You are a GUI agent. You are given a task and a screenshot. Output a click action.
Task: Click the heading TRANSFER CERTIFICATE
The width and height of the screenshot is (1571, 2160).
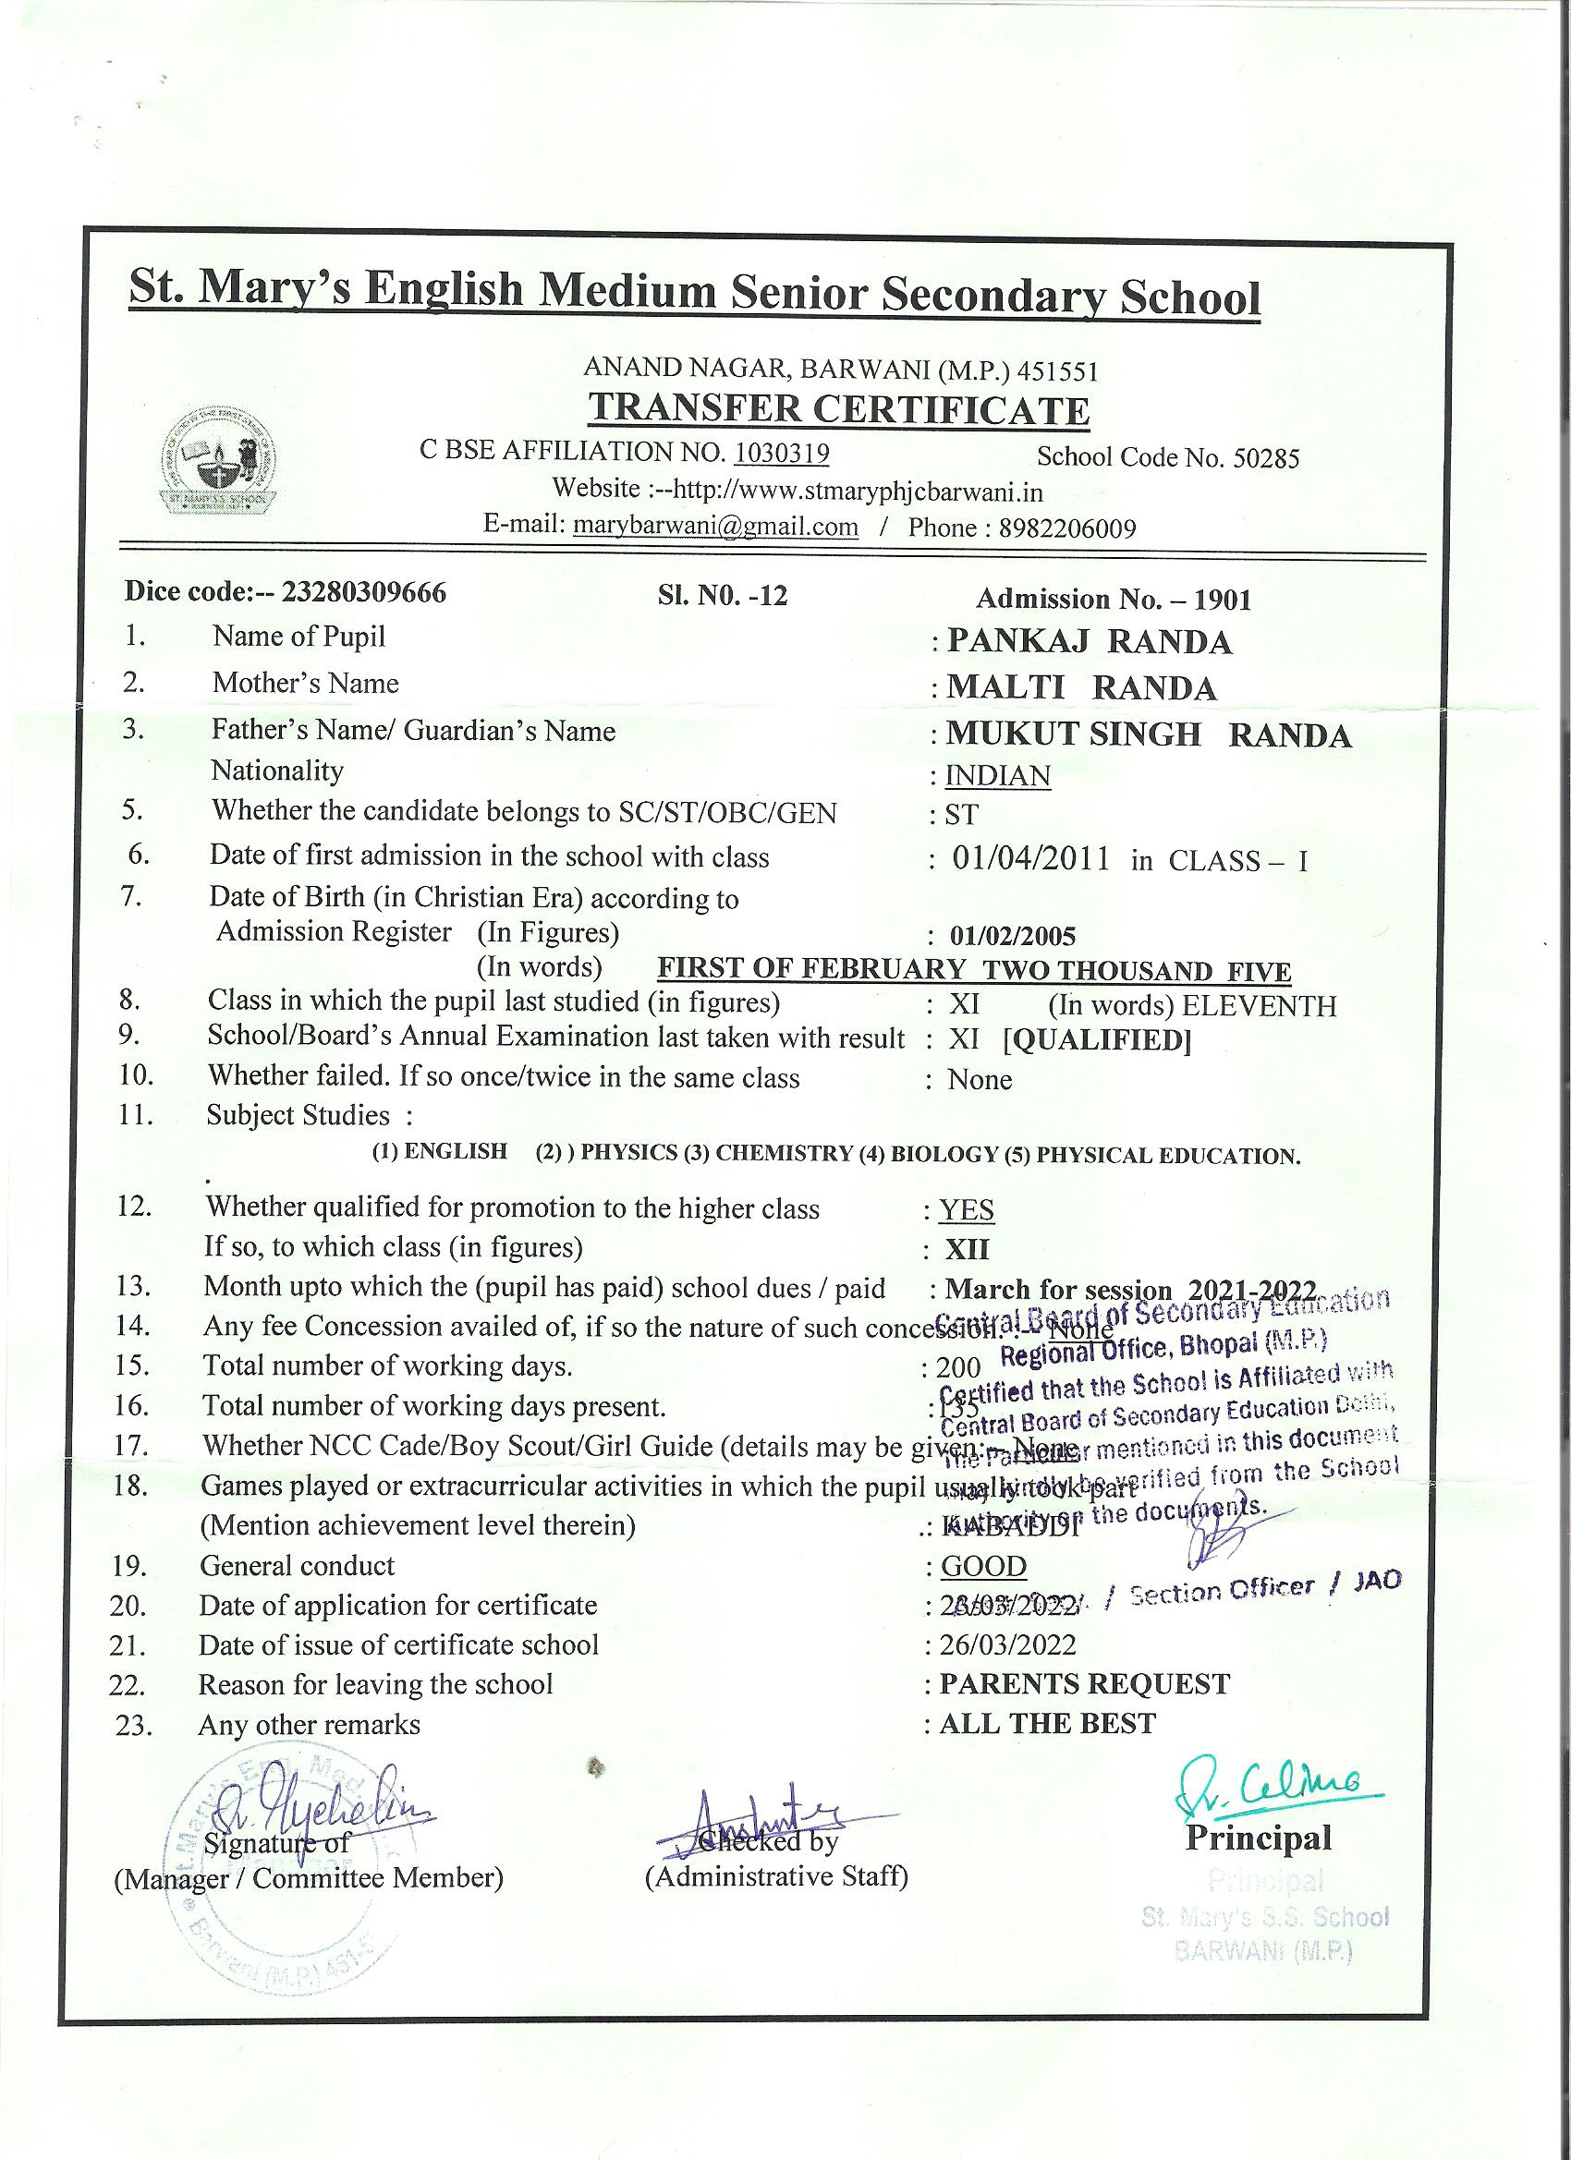[838, 409]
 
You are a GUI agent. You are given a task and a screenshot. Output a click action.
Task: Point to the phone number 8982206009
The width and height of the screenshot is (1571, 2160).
[1067, 528]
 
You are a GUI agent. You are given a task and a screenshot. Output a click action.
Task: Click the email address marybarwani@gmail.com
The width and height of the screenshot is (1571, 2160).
[714, 527]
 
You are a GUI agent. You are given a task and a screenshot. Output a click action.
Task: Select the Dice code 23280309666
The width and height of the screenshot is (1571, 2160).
[364, 592]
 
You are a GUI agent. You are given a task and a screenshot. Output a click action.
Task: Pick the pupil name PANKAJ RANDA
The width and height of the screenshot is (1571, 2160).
[1089, 642]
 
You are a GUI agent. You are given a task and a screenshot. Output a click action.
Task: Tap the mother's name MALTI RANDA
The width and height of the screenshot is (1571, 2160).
[1081, 687]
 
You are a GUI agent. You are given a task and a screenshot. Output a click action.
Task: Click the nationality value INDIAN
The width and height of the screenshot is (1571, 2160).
[996, 776]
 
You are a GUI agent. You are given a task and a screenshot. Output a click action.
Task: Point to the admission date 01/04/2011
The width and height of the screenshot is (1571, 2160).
[1030, 859]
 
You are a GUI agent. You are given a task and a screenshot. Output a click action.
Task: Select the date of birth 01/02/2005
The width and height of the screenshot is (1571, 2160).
[1014, 936]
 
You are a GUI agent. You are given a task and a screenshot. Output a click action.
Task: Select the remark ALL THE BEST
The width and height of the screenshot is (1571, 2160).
[1047, 1723]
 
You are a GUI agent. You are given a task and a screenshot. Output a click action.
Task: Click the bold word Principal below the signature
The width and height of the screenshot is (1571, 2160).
[1258, 1838]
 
